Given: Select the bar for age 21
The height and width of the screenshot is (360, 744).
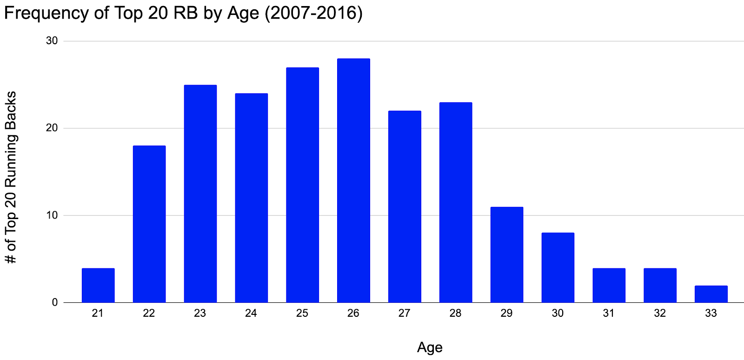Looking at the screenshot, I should pyautogui.click(x=98, y=285).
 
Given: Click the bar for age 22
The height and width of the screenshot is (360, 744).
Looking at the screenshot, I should pyautogui.click(x=149, y=224).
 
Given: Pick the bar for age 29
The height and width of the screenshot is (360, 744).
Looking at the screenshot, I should pyautogui.click(x=507, y=254).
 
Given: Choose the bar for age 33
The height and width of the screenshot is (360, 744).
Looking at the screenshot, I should pyautogui.click(x=711, y=294).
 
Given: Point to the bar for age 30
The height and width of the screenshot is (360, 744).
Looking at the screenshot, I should pyautogui.click(x=558, y=267).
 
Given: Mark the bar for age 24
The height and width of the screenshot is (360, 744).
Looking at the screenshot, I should pyautogui.click(x=251, y=198).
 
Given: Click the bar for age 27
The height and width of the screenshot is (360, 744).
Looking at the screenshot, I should pyautogui.click(x=405, y=207).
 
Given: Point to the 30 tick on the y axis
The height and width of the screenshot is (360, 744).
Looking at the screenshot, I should pyautogui.click(x=52, y=41).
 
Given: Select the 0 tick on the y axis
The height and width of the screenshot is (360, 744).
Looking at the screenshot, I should pyautogui.click(x=55, y=302).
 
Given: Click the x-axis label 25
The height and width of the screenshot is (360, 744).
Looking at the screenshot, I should pyautogui.click(x=302, y=313).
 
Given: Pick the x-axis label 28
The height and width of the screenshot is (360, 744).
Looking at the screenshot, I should pyautogui.click(x=456, y=313).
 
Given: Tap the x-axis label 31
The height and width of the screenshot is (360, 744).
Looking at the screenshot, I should pyautogui.click(x=609, y=313).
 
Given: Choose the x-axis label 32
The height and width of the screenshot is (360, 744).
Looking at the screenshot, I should pyautogui.click(x=660, y=313).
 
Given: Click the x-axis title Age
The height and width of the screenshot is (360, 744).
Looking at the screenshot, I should pyautogui.click(x=430, y=347).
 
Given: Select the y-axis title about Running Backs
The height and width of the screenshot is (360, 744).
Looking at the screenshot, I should pyautogui.click(x=11, y=177).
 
